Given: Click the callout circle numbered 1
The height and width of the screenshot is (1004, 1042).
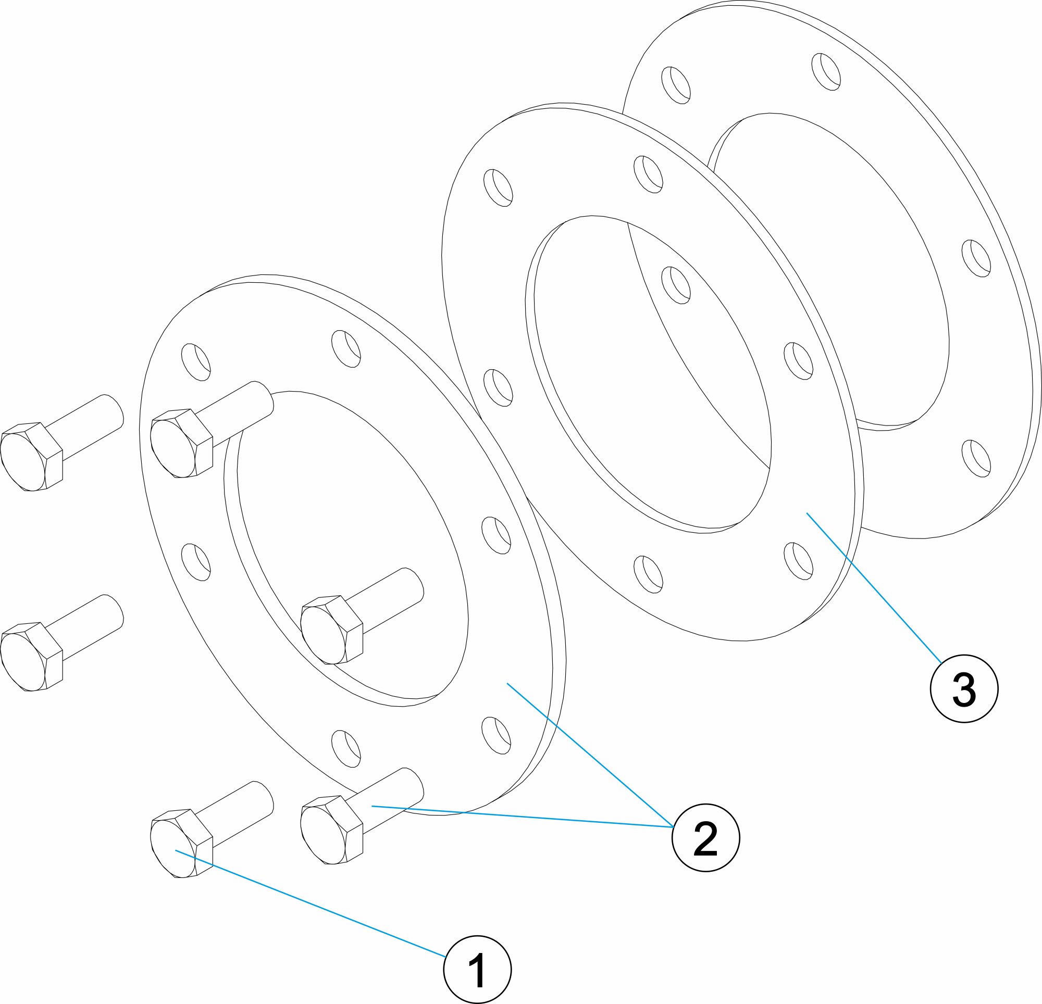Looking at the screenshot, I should point(477,970).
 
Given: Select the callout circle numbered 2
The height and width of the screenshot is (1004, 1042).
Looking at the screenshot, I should point(705,838).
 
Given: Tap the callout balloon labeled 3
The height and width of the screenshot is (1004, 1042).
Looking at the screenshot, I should point(964,689).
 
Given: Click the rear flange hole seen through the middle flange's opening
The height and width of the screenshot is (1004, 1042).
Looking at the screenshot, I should point(676,285).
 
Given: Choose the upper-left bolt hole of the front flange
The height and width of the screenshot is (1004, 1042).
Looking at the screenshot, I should point(196,362).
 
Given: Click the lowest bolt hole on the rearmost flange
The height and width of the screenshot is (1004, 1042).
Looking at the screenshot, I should point(976,458).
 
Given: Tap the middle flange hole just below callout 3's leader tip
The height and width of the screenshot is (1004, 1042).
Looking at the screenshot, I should point(799,561).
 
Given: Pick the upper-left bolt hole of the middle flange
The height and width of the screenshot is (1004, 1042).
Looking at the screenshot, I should point(498,187).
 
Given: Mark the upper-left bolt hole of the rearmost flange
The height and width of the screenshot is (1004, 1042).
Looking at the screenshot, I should point(675,85).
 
